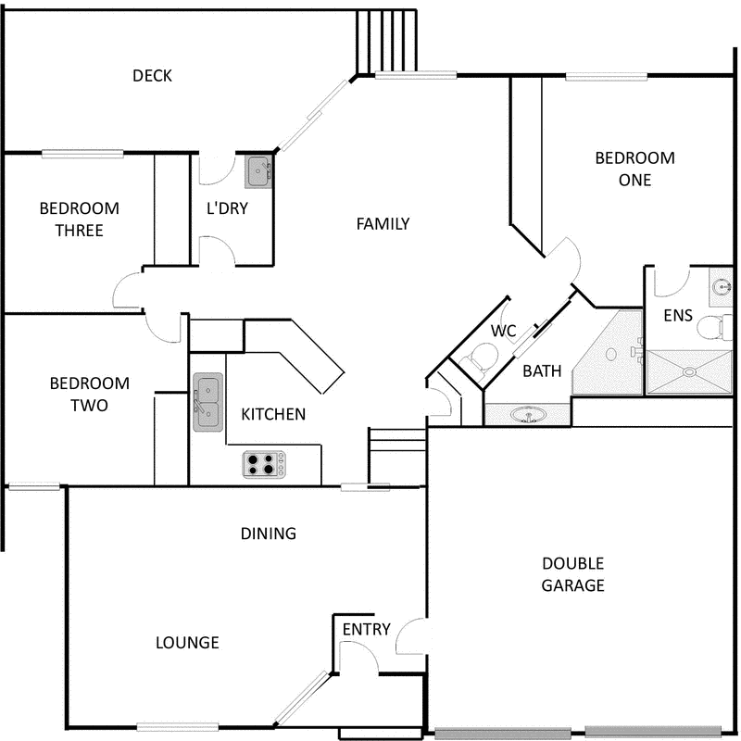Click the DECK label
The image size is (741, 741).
click(152, 76)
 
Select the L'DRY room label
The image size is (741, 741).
click(227, 208)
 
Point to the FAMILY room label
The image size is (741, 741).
click(383, 223)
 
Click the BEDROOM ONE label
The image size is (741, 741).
click(634, 169)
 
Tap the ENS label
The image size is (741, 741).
click(678, 316)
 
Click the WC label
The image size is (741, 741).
click(503, 331)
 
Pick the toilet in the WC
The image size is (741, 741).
click(481, 356)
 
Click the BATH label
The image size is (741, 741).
click(542, 371)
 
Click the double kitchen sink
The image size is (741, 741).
click(207, 403)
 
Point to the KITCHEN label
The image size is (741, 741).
click(273, 414)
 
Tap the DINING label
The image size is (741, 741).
click(268, 534)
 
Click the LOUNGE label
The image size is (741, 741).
click(187, 642)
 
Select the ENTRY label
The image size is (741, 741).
click(367, 630)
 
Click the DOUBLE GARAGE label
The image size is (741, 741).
click(573, 574)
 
